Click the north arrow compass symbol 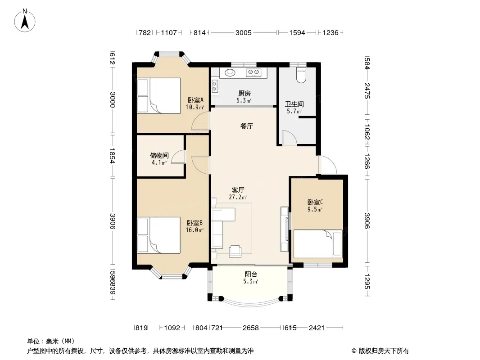tap(25, 21)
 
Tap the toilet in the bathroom tap(301, 75)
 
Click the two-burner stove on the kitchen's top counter tap(254, 72)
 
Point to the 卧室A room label tap(195, 100)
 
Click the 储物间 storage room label tap(159, 155)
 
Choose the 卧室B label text tap(195, 223)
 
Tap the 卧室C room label tap(315, 202)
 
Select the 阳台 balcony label tap(251, 274)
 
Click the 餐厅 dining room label tap(247, 126)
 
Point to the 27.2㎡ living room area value tap(238, 197)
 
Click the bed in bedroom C tap(318, 244)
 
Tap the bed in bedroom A tap(159, 96)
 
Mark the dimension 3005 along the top tap(243, 32)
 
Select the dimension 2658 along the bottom tap(251, 328)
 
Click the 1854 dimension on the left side tap(113, 156)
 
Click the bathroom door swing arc tap(290, 137)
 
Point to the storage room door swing tap(178, 157)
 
